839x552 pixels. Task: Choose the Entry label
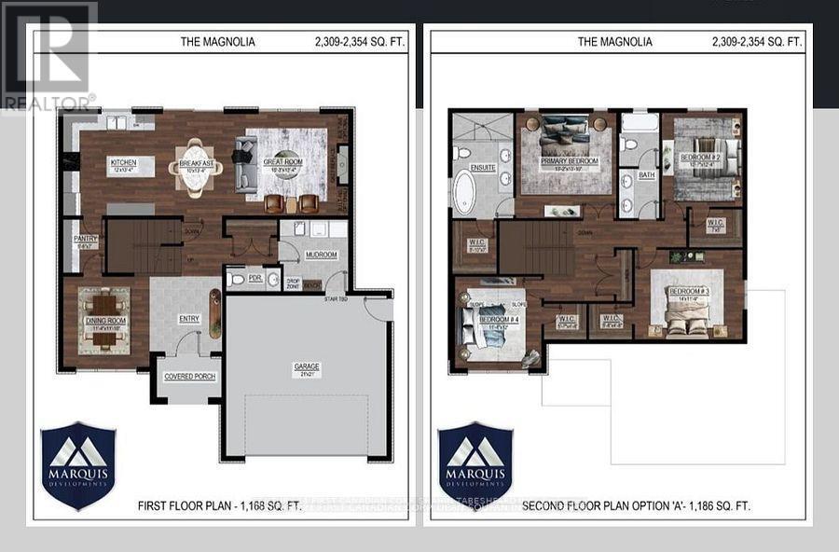189,318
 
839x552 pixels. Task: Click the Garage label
307,367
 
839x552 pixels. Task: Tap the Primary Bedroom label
570,161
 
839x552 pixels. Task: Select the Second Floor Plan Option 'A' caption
636,505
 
